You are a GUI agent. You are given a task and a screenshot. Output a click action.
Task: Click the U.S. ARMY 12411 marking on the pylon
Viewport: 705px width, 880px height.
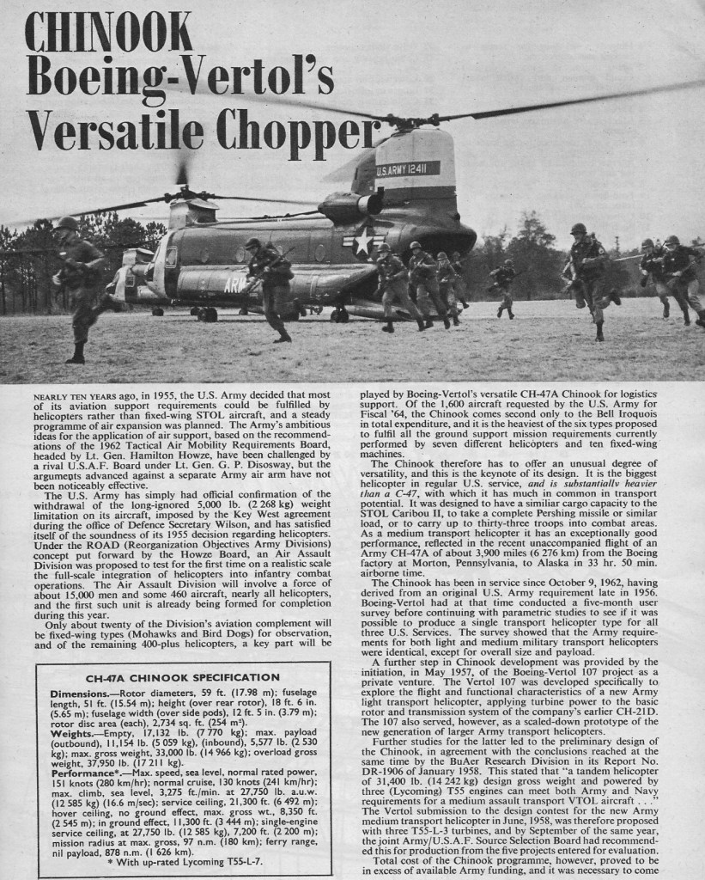[408, 168]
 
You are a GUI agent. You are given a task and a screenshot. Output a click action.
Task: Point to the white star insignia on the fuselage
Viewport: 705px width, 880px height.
[362, 241]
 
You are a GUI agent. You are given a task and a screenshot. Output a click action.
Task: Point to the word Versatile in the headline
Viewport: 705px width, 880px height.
[115, 130]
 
